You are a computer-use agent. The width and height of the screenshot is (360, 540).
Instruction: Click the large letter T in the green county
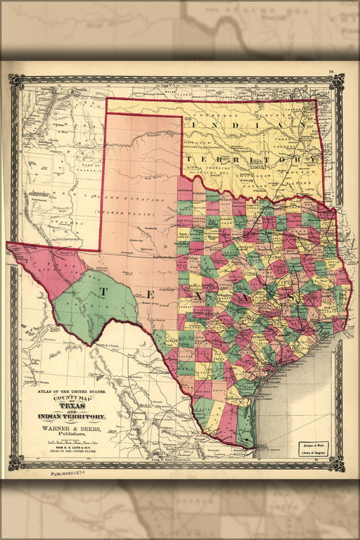pyautogui.click(x=103, y=290)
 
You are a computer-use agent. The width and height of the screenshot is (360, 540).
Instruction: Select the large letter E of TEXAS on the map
pyautogui.click(x=151, y=294)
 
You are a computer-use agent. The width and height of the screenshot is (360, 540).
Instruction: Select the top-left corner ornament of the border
pyautogui.click(x=17, y=82)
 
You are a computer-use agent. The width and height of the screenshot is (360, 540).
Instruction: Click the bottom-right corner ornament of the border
pyautogui.click(x=337, y=463)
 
